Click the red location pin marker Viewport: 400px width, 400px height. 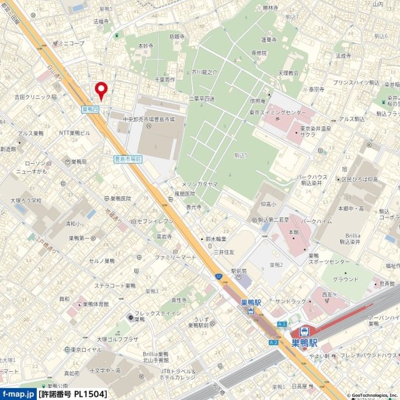click(101, 90)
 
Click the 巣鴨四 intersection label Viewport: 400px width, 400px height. click(91, 109)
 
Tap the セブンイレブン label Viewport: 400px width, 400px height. click(156, 222)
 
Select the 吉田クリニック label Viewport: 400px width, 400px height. click(32, 97)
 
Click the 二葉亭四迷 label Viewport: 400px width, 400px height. click(201, 98)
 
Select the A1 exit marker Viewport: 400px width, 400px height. click(282, 324)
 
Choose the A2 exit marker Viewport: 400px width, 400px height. click(273, 342)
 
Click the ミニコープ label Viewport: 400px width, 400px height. click(70, 43)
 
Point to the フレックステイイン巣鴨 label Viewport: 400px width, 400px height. click(151, 315)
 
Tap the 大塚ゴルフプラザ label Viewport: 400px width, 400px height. click(117, 339)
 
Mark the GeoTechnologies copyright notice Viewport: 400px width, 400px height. click(368, 396)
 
